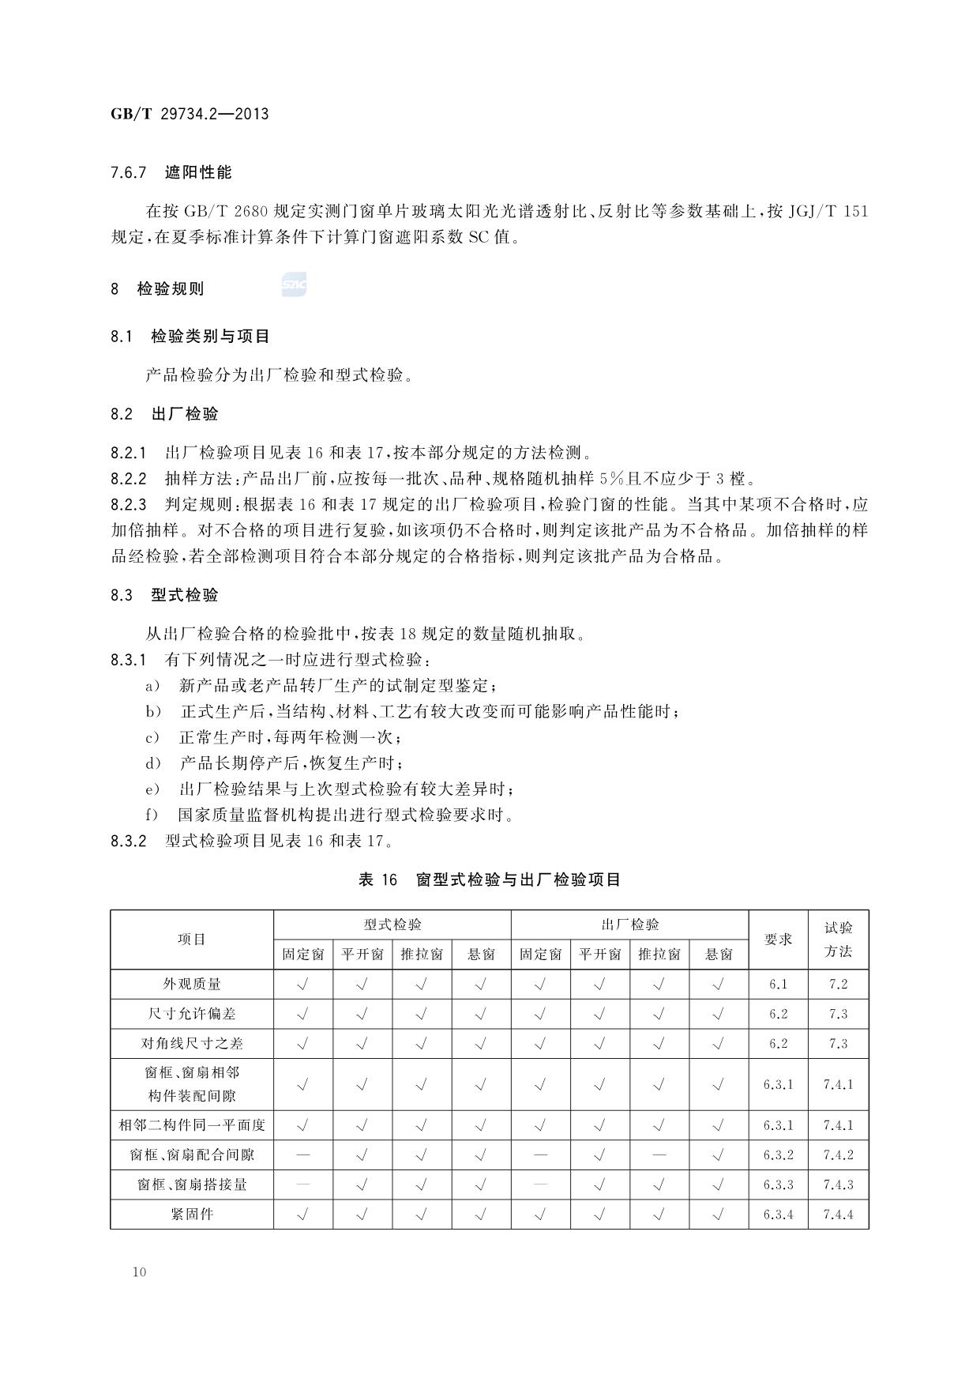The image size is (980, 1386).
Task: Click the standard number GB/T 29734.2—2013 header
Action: pos(190,114)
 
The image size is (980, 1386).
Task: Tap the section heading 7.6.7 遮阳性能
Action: pos(171,172)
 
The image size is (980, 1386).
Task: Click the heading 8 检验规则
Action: pos(158,289)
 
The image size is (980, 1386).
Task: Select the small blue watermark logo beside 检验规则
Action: pos(294,285)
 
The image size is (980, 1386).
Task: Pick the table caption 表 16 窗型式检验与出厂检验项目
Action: pos(490,879)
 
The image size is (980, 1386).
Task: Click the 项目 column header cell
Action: pos(192,940)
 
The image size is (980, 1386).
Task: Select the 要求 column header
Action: pos(778,940)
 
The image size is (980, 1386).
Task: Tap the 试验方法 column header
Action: pos(838,940)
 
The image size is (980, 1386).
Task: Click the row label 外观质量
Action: pos(192,984)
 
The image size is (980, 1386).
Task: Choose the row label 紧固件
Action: pos(192,1214)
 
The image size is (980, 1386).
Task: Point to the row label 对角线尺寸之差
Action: pos(192,1043)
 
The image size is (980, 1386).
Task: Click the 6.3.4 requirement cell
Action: pos(778,1215)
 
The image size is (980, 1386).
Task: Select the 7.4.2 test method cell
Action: pos(838,1154)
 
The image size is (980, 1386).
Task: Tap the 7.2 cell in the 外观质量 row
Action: pos(838,984)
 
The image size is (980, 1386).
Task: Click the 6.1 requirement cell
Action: pos(778,984)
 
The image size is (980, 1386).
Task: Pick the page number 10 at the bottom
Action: pos(140,1271)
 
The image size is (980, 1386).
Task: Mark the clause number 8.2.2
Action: pos(129,479)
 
